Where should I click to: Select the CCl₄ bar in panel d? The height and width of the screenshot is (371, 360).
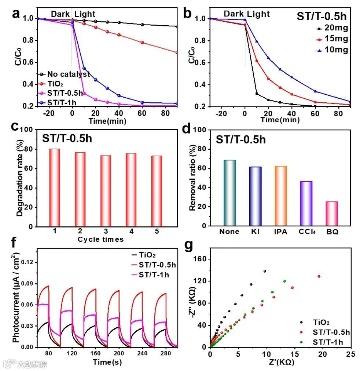[x=306, y=203]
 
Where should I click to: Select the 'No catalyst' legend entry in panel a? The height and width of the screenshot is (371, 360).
[x=68, y=74]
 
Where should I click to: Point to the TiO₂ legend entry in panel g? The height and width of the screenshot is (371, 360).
[x=321, y=323]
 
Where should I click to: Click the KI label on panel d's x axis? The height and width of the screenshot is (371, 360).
[x=255, y=232]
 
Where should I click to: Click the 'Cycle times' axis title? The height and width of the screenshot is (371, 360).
[x=100, y=240]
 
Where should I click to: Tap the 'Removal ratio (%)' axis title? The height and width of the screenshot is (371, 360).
[x=192, y=178]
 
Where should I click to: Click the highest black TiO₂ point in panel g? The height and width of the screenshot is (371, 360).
[x=265, y=271]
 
